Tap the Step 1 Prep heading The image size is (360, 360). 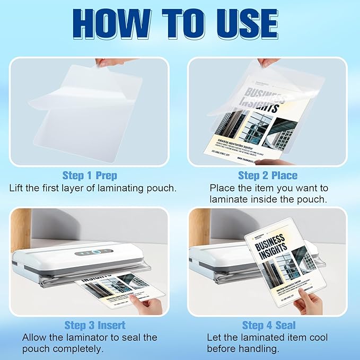coord(90,175)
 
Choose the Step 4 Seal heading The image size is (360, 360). coord(269,325)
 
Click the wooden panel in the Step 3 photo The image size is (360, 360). coord(21,233)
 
